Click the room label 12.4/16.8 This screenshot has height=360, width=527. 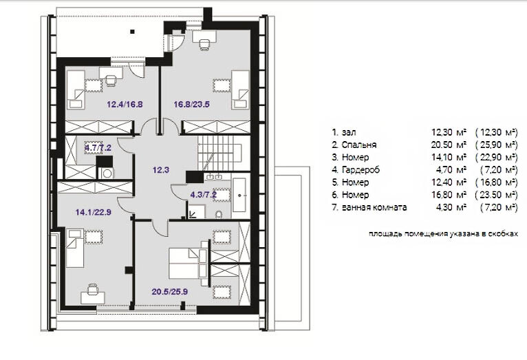coord(125,105)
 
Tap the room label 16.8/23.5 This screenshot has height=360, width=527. coord(191,105)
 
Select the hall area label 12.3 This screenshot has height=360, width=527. coord(161,170)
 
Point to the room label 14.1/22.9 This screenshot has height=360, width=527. coord(93,212)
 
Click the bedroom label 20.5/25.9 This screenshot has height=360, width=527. coord(170,292)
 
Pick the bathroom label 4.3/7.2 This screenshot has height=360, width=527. coord(204,194)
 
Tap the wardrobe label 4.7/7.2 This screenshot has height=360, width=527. coord(98,147)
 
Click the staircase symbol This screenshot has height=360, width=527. coord(219,153)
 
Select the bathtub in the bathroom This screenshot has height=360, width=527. coord(239,195)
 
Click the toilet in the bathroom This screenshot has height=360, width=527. coord(219,214)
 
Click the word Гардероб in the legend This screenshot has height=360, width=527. coord(361,170)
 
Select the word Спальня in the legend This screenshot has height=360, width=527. coord(359,145)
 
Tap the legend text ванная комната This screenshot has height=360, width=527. coord(374,207)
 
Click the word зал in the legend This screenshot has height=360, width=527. coord(349,133)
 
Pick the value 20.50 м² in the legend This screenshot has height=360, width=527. coord(449,145)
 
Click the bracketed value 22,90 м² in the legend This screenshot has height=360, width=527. coord(497,158)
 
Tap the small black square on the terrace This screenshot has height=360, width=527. coord(132,32)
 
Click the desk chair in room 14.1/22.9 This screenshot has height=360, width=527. coord(92,288)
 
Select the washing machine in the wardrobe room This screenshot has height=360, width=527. coord(107,173)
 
